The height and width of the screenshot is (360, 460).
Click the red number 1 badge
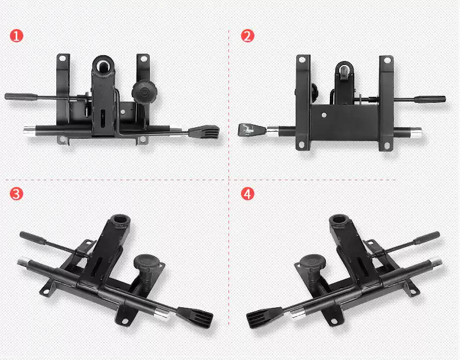point(16,36)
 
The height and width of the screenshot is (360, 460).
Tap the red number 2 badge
point(247,36)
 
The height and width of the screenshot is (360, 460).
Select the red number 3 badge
point(16,194)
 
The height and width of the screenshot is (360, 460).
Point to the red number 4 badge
point(247,194)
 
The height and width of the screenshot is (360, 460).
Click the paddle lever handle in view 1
point(204,132)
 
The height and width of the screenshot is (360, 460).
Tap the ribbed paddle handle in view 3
point(195,316)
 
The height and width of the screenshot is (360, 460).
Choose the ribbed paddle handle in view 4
point(264,316)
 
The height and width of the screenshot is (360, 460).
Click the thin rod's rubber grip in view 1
point(21,96)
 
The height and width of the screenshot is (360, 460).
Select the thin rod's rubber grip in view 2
point(430,99)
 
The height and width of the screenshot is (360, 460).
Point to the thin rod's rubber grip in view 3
point(33,237)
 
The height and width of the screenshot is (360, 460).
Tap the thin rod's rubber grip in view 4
point(426,237)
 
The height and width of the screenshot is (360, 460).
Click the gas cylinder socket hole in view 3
point(120,219)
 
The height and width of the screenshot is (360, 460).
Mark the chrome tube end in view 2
point(416,132)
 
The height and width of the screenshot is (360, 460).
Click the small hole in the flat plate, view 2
point(324,115)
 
